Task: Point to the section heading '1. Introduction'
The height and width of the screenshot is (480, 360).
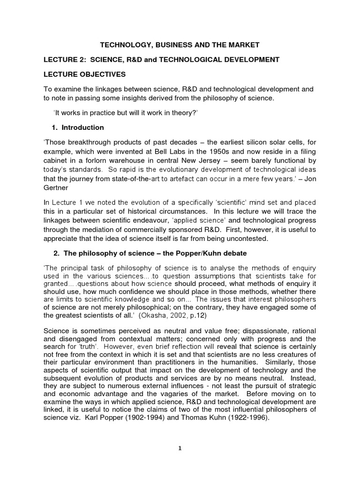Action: click(x=77, y=127)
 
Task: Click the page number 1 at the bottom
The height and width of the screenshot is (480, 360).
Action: click(x=180, y=461)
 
